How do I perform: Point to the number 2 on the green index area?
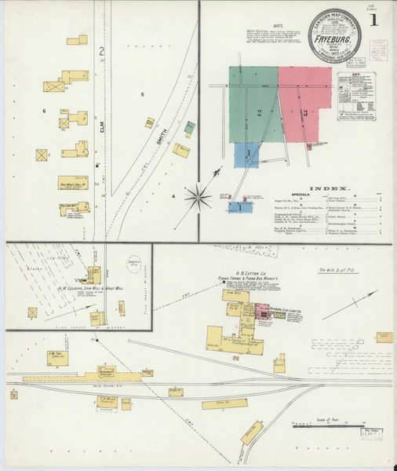258,113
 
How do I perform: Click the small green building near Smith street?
190,126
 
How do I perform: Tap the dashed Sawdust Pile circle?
133,265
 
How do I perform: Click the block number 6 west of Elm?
45,111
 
